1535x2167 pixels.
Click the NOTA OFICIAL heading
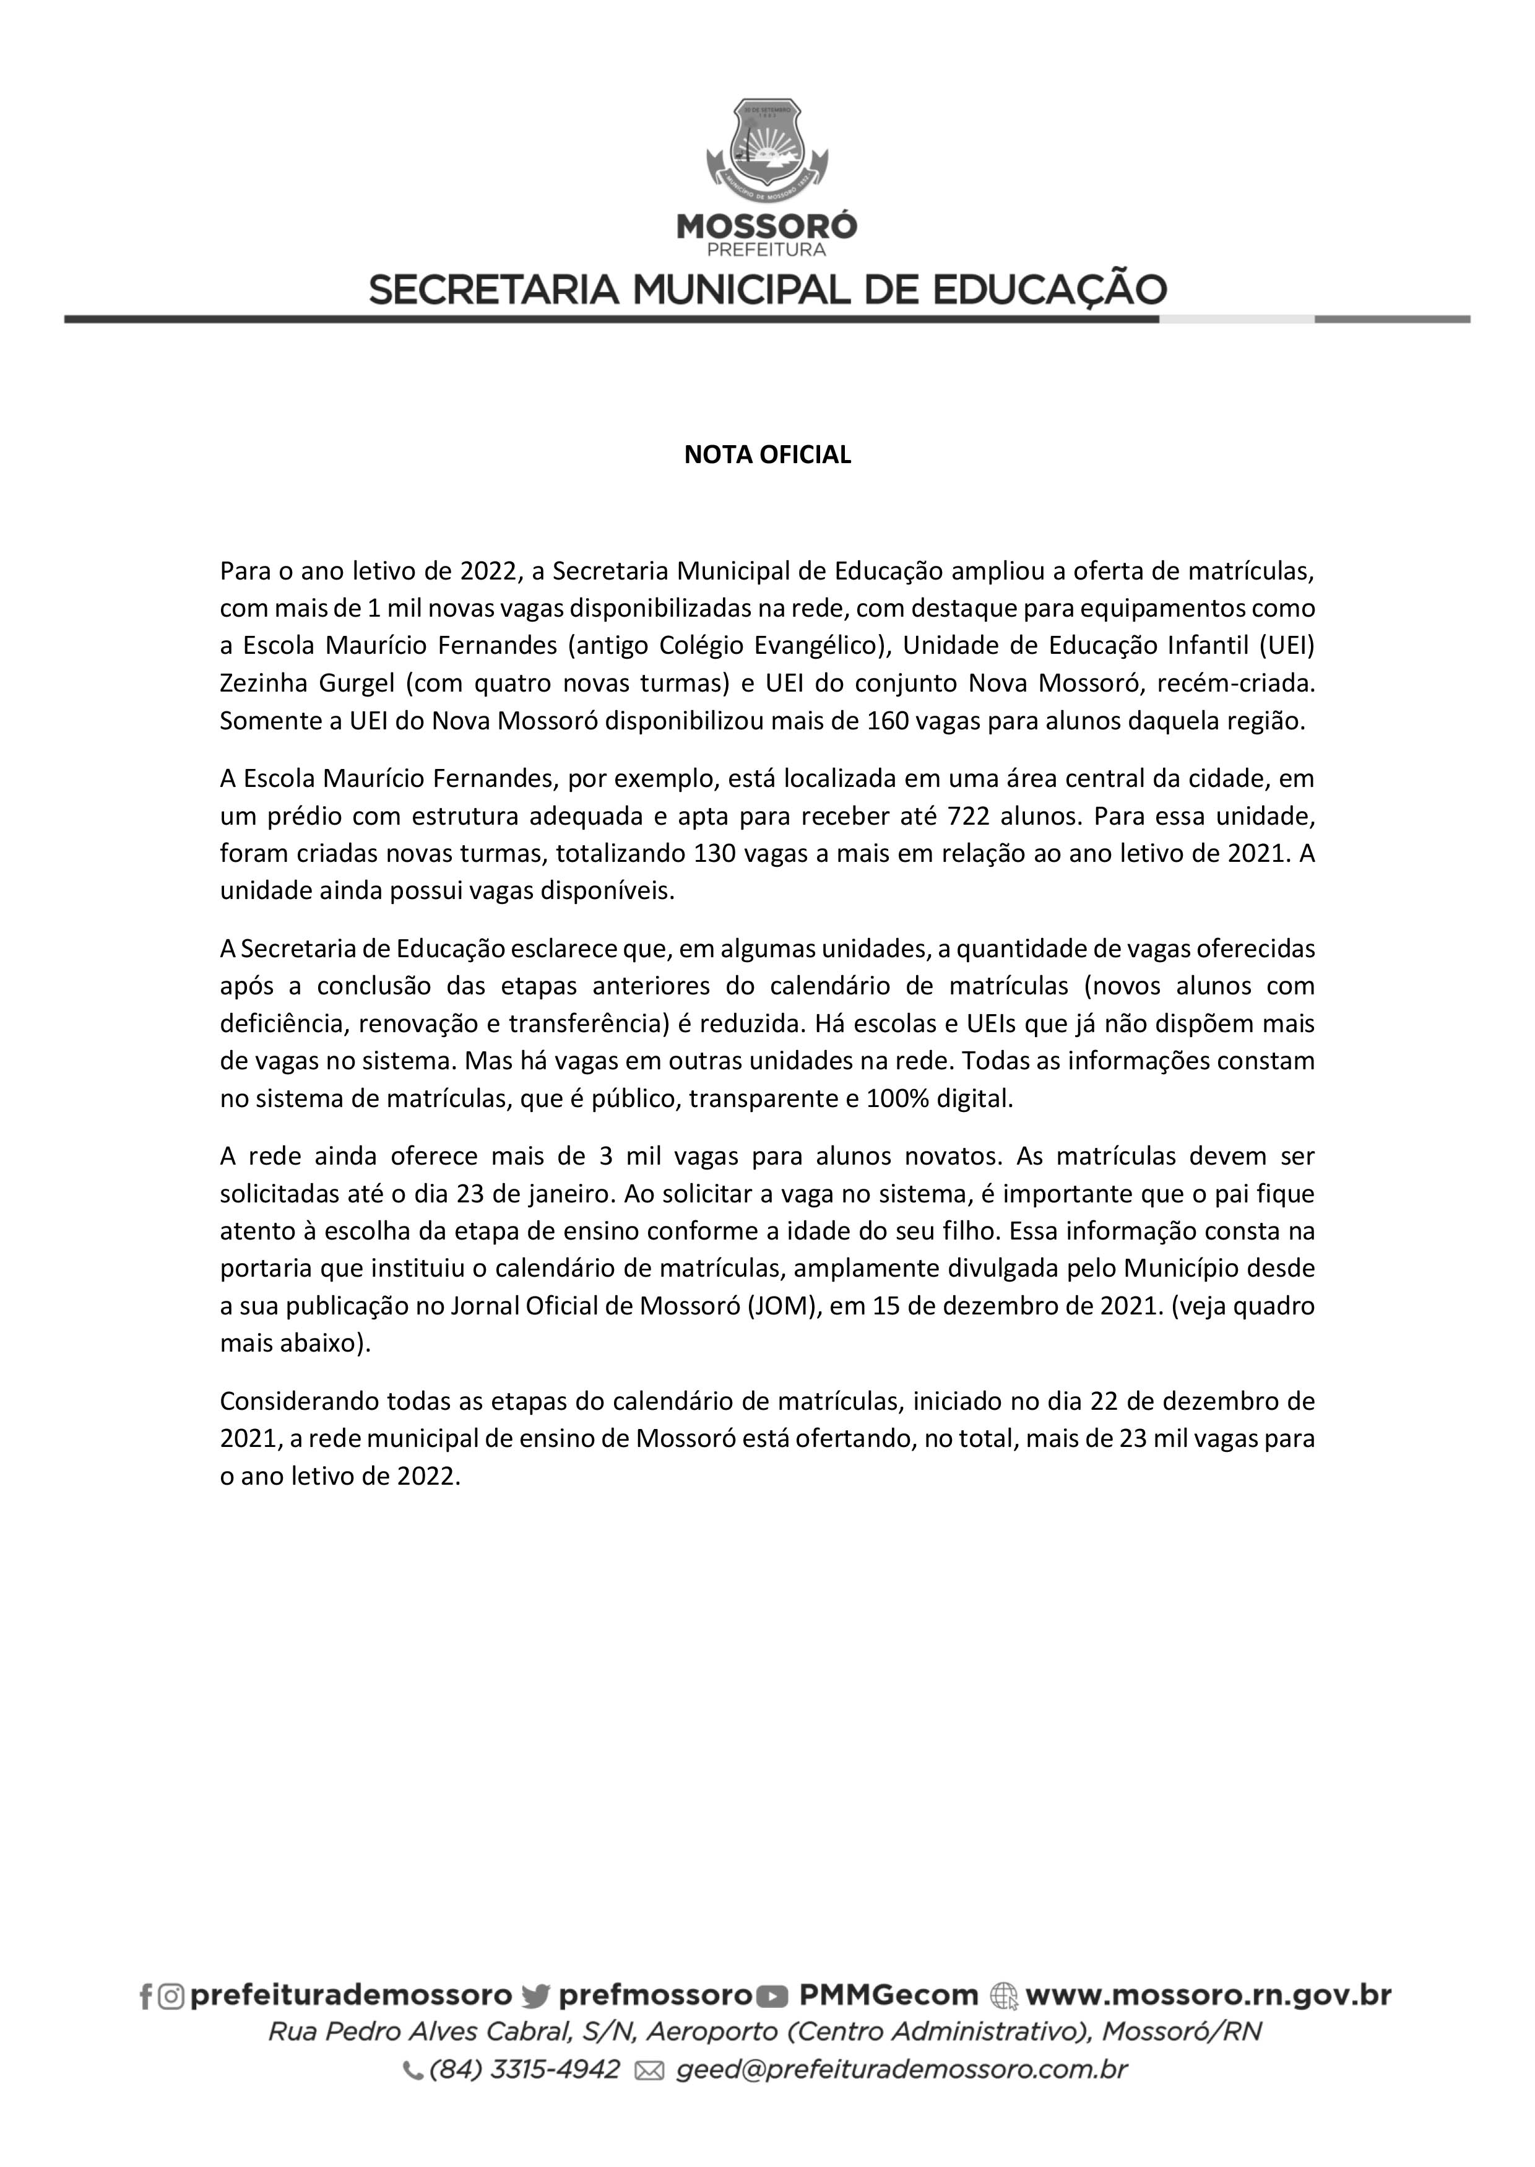767,455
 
